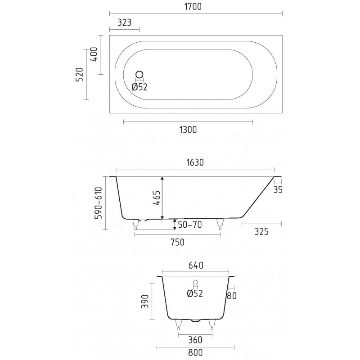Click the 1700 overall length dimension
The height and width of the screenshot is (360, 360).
(193, 7)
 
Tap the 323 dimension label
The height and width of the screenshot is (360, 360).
(125, 22)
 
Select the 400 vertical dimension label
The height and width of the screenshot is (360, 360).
(94, 54)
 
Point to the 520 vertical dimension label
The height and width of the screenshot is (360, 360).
(79, 75)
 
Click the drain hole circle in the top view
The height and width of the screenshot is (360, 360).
(139, 75)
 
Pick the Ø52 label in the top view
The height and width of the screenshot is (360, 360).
(139, 87)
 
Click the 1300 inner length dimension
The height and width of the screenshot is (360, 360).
(188, 130)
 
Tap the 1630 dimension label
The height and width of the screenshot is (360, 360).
(195, 162)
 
